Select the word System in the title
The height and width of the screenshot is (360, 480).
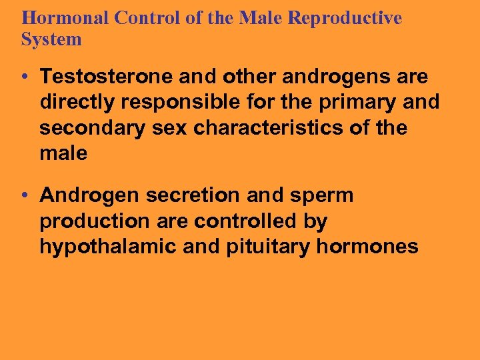[51, 39]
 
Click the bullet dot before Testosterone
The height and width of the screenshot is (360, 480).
[25, 77]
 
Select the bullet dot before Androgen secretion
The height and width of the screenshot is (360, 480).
[25, 196]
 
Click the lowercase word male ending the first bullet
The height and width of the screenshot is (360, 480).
[63, 153]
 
